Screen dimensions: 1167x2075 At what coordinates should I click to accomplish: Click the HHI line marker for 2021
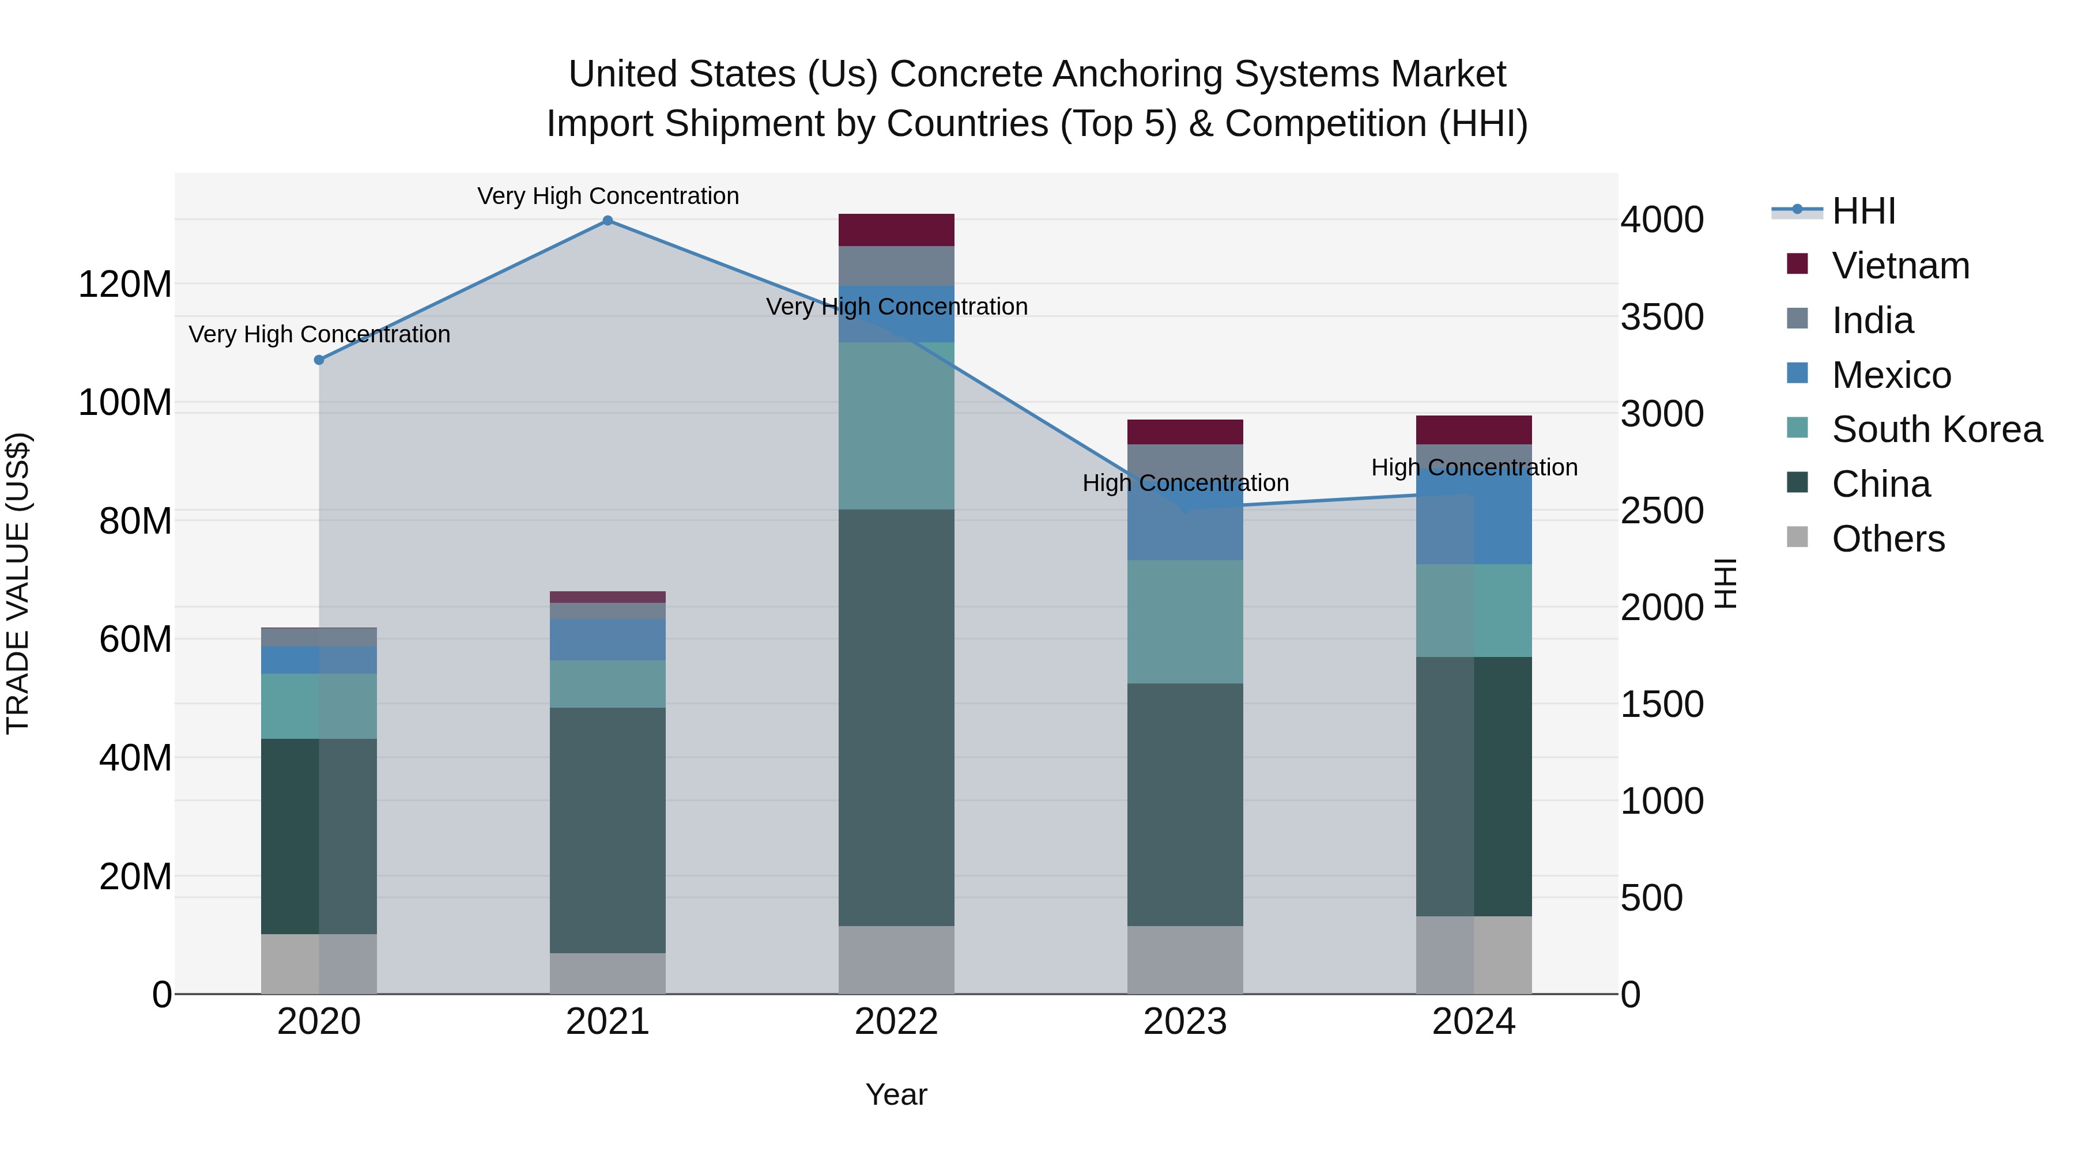tap(608, 221)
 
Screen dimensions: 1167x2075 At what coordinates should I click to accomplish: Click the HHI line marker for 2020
tap(319, 360)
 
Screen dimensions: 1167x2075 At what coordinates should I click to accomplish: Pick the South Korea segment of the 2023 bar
tap(1185, 622)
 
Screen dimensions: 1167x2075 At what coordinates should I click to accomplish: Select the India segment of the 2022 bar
tap(896, 266)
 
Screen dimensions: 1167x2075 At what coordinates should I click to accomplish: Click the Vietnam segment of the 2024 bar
tap(1473, 430)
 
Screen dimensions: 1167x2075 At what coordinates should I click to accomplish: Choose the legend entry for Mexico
tap(1891, 375)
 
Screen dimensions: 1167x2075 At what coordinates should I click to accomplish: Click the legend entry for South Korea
tap(1937, 429)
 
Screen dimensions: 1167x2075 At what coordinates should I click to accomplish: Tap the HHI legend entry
tap(1863, 211)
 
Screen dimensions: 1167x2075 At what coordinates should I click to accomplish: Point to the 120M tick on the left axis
tap(125, 284)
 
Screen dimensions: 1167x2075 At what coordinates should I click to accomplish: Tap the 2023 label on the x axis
tap(1185, 1022)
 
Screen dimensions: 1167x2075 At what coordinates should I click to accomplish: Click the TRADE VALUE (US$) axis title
tap(18, 583)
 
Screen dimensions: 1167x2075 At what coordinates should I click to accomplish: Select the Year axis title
tap(896, 1094)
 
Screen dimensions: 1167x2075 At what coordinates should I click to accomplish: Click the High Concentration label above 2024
tap(1473, 467)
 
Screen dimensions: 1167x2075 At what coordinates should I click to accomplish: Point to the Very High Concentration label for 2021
tap(608, 196)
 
